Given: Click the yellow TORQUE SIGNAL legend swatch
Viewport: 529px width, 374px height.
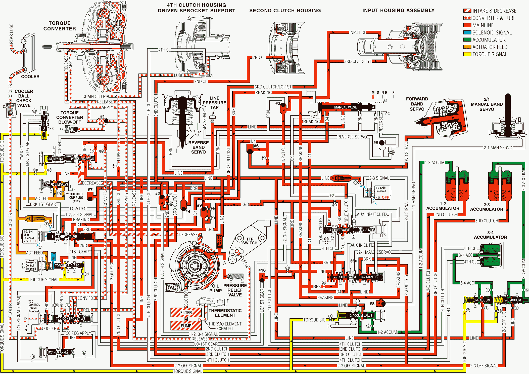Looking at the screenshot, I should click(x=467, y=54).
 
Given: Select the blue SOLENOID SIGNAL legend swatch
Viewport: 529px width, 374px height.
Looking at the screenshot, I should click(x=467, y=32).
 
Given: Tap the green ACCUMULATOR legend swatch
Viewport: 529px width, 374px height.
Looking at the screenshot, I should click(x=467, y=40).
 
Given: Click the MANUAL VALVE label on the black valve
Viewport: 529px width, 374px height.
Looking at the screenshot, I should click(x=345, y=107).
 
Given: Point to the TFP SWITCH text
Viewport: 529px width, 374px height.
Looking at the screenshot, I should click(x=250, y=241).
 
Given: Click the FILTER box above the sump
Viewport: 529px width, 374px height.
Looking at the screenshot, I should click(x=186, y=313).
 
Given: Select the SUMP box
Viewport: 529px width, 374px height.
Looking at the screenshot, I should click(x=186, y=326).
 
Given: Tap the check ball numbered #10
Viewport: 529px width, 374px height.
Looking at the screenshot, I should click(x=262, y=280).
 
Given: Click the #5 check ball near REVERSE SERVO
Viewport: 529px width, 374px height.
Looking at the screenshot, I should click(x=382, y=143).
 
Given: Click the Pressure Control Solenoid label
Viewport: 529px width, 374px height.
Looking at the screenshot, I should click(x=31, y=266).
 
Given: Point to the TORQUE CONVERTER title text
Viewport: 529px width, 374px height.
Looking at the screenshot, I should click(x=60, y=26).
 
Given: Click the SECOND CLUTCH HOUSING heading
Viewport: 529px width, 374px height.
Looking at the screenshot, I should click(x=285, y=11).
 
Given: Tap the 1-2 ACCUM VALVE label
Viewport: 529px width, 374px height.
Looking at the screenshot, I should click(x=359, y=316).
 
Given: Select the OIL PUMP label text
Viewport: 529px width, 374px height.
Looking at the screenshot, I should click(x=215, y=288).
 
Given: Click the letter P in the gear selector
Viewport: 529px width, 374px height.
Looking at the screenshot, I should click(x=393, y=93).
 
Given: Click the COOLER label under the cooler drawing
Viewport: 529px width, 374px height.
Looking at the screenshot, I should click(x=30, y=77).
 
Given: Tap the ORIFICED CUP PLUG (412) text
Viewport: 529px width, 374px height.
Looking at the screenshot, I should click(x=76, y=198).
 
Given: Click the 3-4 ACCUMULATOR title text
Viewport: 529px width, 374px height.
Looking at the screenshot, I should click(x=490, y=235).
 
